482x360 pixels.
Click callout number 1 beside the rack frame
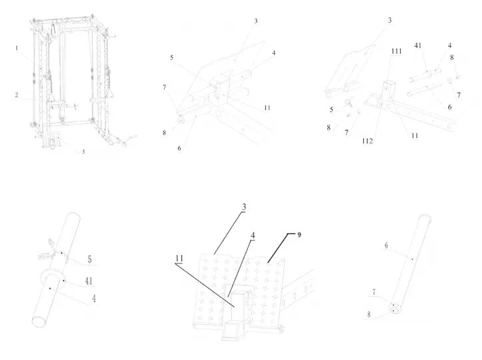point(17,48)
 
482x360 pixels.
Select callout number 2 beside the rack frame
point(17,95)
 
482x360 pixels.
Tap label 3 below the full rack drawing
point(83,151)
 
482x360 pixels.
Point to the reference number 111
point(396,51)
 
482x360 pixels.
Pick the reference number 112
point(367,141)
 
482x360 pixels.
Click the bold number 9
point(299,235)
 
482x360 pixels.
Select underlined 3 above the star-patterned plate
point(244,207)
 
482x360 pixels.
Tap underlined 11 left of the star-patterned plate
point(179,258)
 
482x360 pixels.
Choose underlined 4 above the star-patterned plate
point(253,235)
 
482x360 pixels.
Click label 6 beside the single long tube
point(386,245)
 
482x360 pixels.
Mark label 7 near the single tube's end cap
point(374,292)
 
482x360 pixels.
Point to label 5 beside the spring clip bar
point(89,259)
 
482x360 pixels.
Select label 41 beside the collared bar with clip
point(89,281)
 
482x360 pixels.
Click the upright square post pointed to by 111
point(387,90)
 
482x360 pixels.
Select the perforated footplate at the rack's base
point(54,139)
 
